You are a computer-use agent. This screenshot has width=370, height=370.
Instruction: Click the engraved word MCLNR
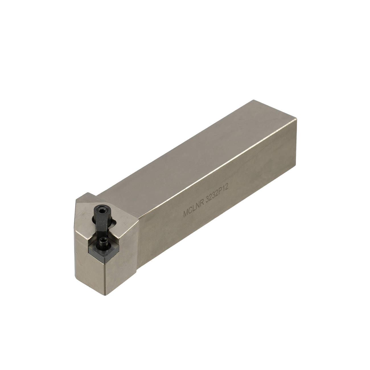[193, 209]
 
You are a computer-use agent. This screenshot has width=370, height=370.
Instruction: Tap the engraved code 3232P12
[217, 196]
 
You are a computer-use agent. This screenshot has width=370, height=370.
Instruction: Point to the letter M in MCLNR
[186, 213]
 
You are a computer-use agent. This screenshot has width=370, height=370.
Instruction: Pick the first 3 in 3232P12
[207, 201]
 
